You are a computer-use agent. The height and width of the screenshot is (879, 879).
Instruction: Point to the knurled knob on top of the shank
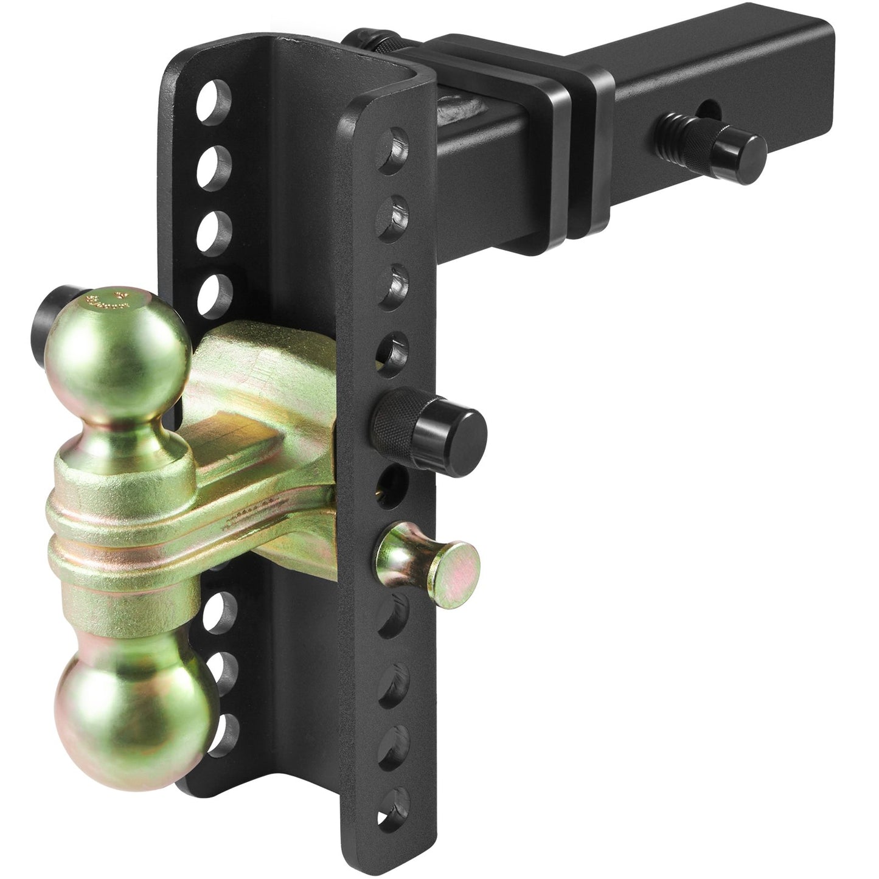[377, 43]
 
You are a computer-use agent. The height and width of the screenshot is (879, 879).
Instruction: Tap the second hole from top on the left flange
[216, 161]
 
